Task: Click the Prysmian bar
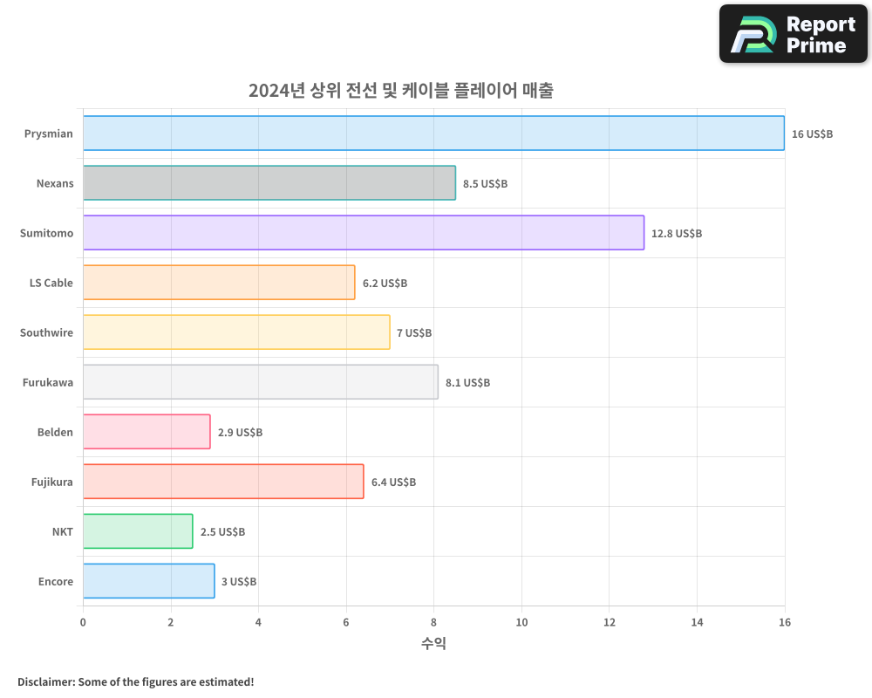[x=433, y=133]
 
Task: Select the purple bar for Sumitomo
[x=364, y=233]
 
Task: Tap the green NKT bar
[x=138, y=531]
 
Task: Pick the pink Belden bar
[x=146, y=432]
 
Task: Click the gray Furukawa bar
[x=261, y=382]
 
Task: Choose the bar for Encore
[x=148, y=581]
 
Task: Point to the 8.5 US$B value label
[x=485, y=184]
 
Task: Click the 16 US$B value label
[x=812, y=134]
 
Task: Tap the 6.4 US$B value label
[x=393, y=482]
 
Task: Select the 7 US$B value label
[x=414, y=333]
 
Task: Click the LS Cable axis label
[x=51, y=283]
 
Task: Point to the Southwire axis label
[x=46, y=332]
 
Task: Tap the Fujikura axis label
[x=52, y=482]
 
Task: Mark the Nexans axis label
[x=55, y=183]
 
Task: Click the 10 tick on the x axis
[x=521, y=622]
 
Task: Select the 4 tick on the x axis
[x=258, y=622]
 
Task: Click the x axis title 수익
[x=433, y=644]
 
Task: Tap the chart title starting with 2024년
[x=400, y=91]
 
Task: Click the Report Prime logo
[x=794, y=34]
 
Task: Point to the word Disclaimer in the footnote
[x=44, y=682]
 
